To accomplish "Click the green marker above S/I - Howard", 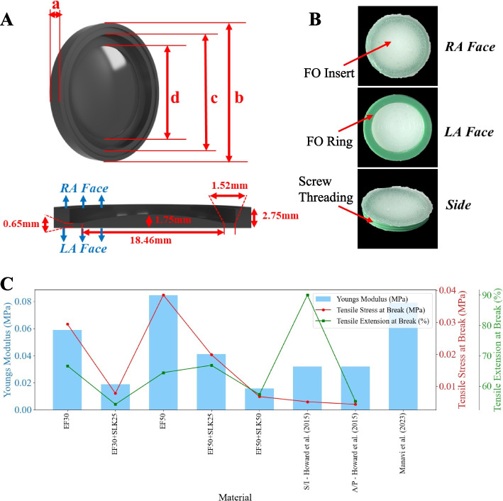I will [x=307, y=295].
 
